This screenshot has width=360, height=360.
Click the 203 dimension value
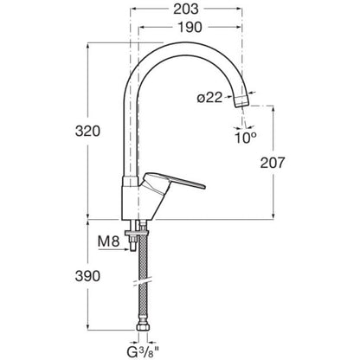[x=186, y=10]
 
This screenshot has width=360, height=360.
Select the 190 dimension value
[x=190, y=28]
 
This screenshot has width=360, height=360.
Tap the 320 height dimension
[x=87, y=131]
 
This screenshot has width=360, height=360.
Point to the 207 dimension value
[x=273, y=163]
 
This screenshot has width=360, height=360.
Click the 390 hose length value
[x=87, y=276]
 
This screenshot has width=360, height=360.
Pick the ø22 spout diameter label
[x=210, y=98]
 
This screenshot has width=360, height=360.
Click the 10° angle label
[x=246, y=138]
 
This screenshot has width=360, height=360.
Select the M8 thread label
[x=108, y=241]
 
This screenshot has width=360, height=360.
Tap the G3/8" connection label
[x=143, y=351]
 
